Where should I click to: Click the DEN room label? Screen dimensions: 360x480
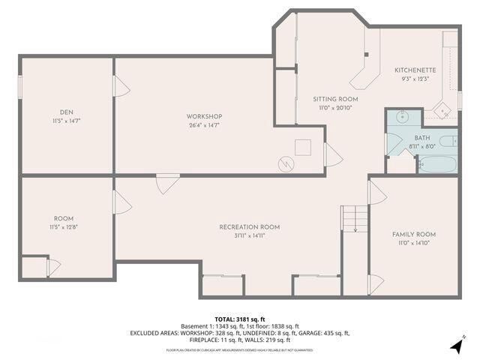[66, 111]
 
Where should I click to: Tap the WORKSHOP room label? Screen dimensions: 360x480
[204, 116]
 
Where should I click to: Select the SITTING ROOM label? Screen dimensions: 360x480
[335, 99]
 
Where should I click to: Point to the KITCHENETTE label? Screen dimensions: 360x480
[415, 70]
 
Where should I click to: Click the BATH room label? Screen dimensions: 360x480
[422, 138]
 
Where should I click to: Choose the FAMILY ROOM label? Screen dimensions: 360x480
[413, 235]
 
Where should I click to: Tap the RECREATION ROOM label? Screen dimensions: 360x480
[249, 226]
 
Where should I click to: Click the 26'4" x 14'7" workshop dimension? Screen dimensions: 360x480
[204, 125]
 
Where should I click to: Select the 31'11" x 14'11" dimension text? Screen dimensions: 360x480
[249, 235]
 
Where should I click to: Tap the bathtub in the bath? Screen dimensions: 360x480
[436, 163]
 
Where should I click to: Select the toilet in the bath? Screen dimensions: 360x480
[448, 141]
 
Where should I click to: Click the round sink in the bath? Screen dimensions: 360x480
[400, 117]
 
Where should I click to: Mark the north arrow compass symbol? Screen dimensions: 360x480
[456, 346]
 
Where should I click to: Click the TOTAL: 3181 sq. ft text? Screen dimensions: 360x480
[239, 319]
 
